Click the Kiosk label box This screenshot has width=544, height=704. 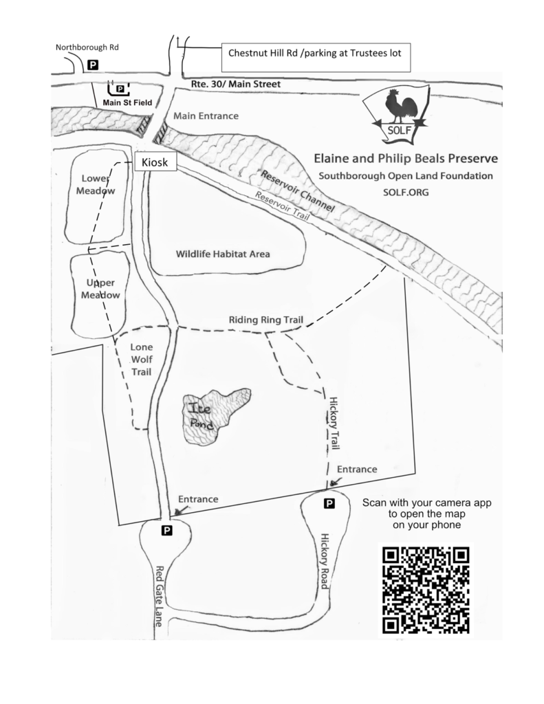point(155,162)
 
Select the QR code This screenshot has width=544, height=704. point(426,589)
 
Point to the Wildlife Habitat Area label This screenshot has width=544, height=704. point(223,254)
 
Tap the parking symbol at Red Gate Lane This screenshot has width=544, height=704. point(166,531)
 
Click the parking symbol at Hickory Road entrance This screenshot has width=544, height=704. point(329,504)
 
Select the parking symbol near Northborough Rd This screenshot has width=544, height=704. point(93,65)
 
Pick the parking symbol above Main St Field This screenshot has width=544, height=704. point(120,89)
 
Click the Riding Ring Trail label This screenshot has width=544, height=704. point(266,320)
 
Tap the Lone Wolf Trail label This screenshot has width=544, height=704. point(142,360)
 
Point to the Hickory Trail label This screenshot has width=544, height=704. point(334,423)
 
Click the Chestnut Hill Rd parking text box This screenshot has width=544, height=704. point(316,58)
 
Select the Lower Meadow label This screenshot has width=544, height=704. point(96,184)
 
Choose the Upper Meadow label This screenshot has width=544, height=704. point(100,289)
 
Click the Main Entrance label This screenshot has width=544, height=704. point(206,115)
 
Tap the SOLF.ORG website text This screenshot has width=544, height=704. point(406,192)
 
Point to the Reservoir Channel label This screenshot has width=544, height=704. point(298,191)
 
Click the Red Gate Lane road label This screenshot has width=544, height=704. point(159,596)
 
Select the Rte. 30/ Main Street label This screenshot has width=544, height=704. point(236,84)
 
